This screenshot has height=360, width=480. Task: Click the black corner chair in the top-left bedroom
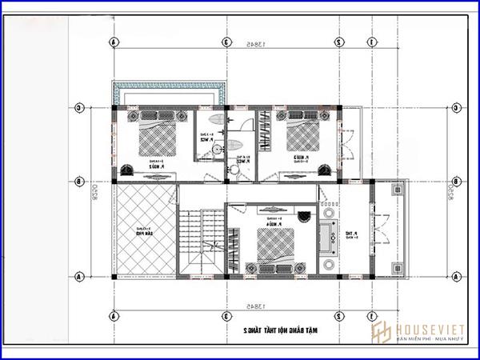click(129, 167)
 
